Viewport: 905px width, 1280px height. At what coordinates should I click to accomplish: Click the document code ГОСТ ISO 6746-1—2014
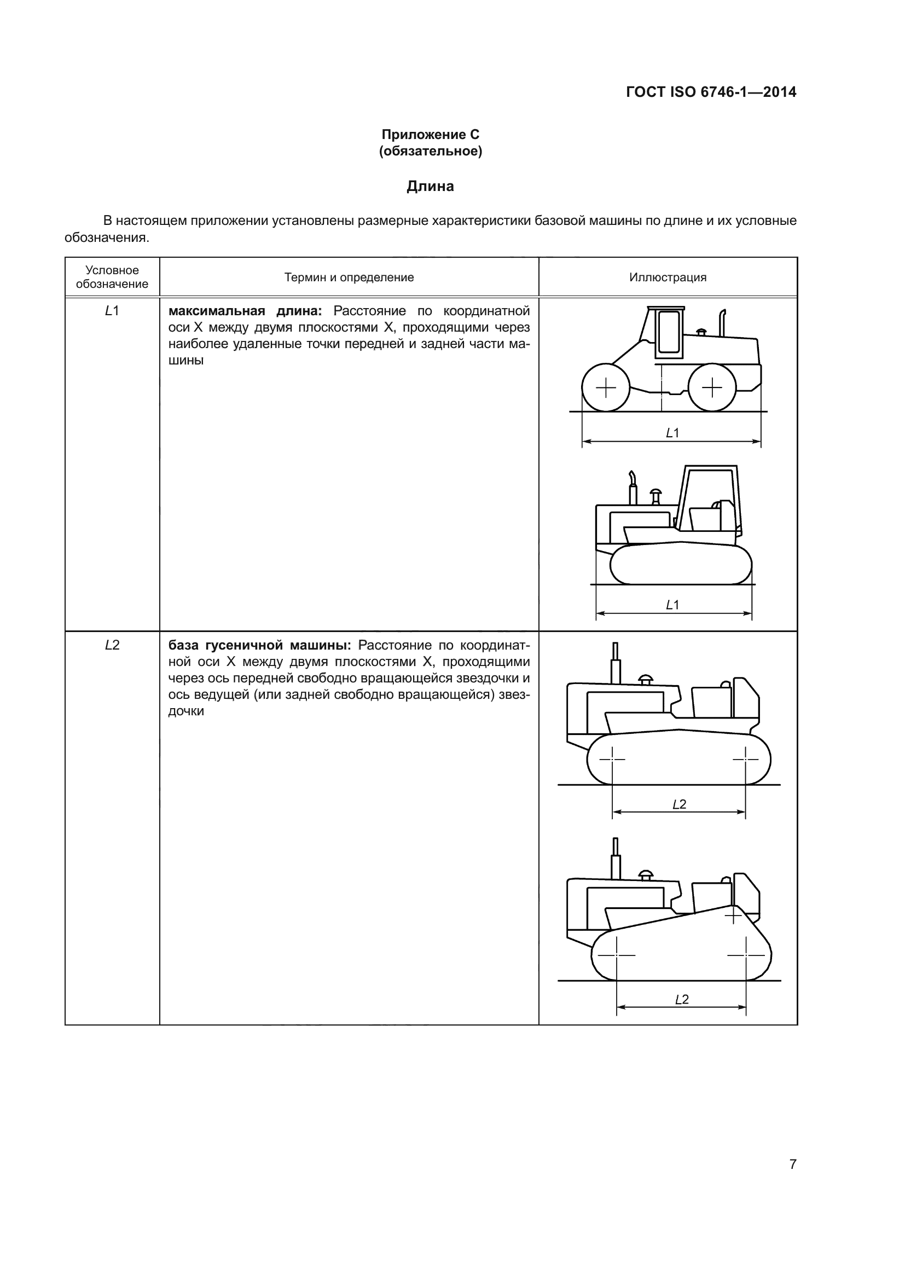click(711, 92)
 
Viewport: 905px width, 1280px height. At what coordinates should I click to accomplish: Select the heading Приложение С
click(430, 135)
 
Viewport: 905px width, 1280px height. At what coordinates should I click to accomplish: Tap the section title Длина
click(430, 186)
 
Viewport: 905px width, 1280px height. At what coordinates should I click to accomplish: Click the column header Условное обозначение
click(112, 277)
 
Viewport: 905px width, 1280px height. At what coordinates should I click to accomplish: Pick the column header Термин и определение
click(349, 277)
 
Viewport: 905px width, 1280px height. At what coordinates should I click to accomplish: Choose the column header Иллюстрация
click(668, 277)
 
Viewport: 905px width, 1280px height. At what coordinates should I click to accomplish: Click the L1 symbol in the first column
click(112, 311)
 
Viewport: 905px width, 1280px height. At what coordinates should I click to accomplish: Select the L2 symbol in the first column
click(112, 645)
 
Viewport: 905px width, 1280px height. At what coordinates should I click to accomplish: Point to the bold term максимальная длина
click(245, 311)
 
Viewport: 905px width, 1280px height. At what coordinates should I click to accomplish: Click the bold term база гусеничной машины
click(260, 645)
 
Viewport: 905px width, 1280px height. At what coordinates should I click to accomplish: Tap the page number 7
click(792, 1164)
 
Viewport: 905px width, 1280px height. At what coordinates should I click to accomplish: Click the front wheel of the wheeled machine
click(606, 387)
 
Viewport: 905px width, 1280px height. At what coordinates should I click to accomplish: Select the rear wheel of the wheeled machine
click(712, 387)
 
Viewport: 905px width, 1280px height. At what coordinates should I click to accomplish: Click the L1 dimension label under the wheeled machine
click(672, 433)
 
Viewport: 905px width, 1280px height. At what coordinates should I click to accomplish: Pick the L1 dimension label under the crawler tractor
click(672, 605)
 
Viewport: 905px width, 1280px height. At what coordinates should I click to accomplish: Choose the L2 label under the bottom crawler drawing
click(682, 999)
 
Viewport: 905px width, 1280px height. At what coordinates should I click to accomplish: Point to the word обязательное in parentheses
click(430, 151)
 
